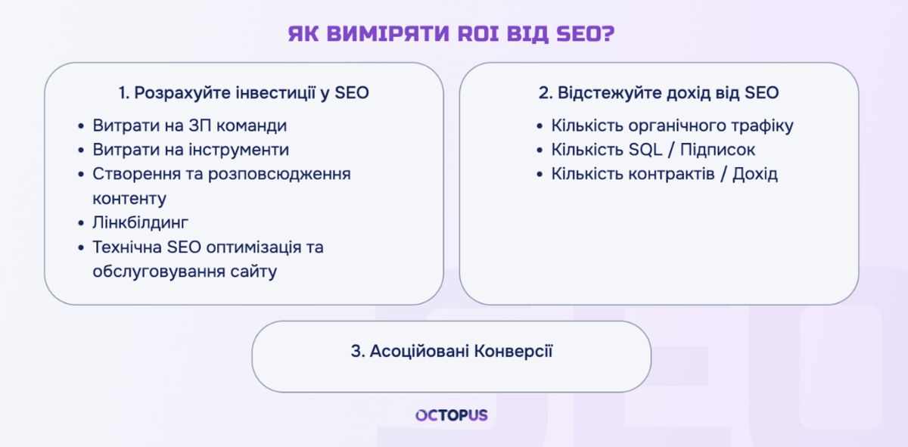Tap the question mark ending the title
pos(609,33)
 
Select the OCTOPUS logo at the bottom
pos(452,415)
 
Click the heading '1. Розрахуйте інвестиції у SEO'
pos(244,93)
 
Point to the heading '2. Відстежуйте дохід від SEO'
pos(659,93)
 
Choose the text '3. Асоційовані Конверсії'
pos(452,352)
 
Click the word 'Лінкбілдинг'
pos(140,223)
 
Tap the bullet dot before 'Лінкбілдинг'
pos(81,223)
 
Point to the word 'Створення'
pos(137,174)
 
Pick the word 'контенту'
pos(129,199)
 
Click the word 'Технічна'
pos(127,247)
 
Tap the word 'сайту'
pos(253,272)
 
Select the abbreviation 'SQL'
pos(645,150)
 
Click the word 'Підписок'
pos(717,150)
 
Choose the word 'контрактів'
pos(671,174)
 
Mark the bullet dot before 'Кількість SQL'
pos(540,151)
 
